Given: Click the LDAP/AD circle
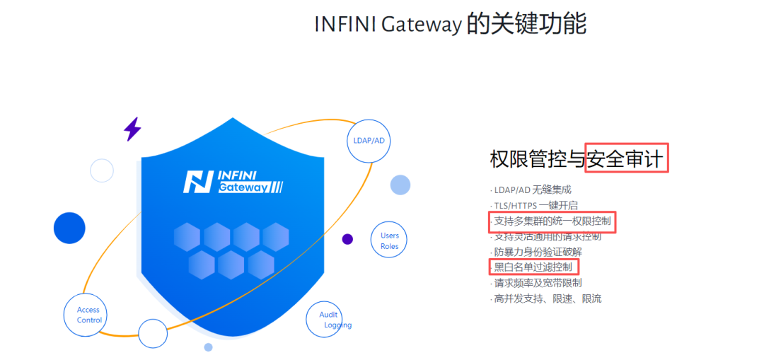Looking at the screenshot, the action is coord(369,140).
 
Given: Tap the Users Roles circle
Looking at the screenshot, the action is coord(389,240).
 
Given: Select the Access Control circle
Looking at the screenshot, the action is coord(89,315).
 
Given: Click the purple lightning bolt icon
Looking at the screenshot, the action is coord(132,129).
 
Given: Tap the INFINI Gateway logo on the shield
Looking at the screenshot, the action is coord(233,182).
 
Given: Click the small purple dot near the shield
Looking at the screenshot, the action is coord(347,239).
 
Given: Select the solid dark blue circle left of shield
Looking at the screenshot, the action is coord(69,228).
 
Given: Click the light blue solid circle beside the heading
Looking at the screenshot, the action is coord(400,185).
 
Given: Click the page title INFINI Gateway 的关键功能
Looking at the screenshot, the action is coord(450,24).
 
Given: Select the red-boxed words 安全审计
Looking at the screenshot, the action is coord(626,158).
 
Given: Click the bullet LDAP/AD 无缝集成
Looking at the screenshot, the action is coord(532,190).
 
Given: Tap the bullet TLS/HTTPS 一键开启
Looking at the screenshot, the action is coord(535,205).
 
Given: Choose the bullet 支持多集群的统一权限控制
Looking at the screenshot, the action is coord(552,221).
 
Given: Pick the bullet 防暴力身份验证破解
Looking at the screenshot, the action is coord(537,252).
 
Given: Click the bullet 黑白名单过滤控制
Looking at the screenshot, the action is coord(533,267).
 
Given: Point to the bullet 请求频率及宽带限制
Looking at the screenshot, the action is coord(537,283).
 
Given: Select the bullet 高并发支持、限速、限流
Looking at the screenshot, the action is coord(547,298).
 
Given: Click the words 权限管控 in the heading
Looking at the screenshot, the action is coord(537,158).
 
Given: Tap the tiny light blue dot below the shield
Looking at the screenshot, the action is coord(208,347).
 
